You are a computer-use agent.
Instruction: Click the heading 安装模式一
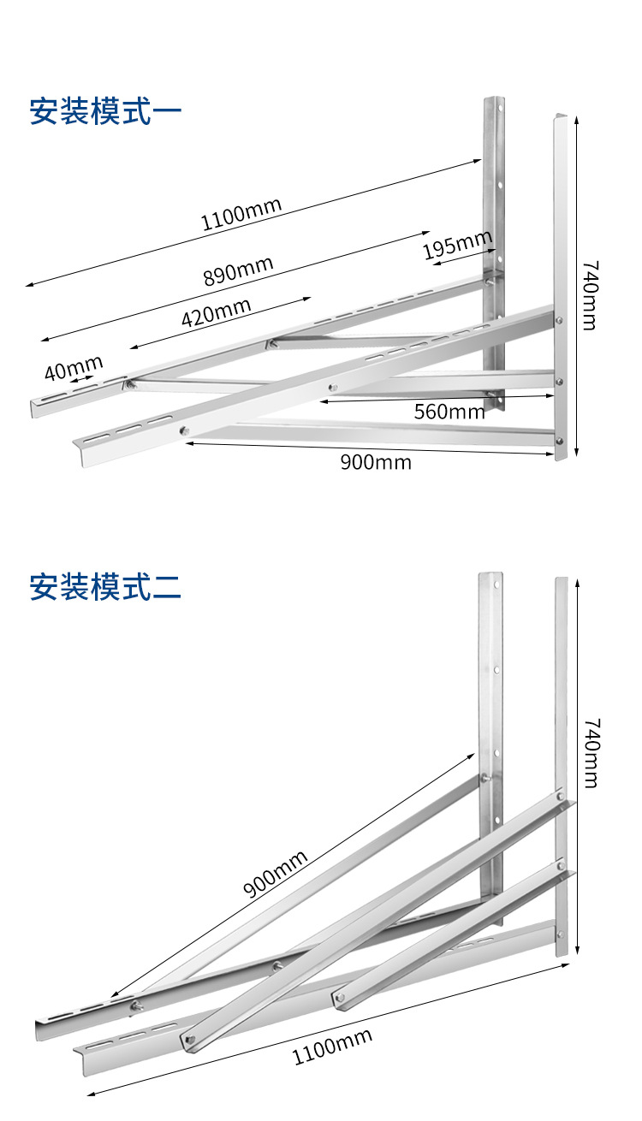click(106, 112)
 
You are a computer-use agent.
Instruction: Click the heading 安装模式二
click(106, 588)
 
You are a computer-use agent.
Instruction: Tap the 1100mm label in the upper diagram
click(241, 215)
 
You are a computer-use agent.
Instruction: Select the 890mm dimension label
click(238, 271)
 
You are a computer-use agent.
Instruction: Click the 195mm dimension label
click(458, 246)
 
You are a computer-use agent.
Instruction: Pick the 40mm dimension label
click(74, 369)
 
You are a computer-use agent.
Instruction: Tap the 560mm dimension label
click(449, 412)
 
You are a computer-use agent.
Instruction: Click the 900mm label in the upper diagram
click(376, 463)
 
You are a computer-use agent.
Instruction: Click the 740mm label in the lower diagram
click(591, 753)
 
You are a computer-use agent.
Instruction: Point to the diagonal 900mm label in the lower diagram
click(275, 874)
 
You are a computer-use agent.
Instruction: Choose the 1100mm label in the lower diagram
click(333, 1047)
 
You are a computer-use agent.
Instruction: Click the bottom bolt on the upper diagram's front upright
click(559, 442)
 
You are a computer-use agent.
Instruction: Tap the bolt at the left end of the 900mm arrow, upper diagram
click(182, 431)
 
